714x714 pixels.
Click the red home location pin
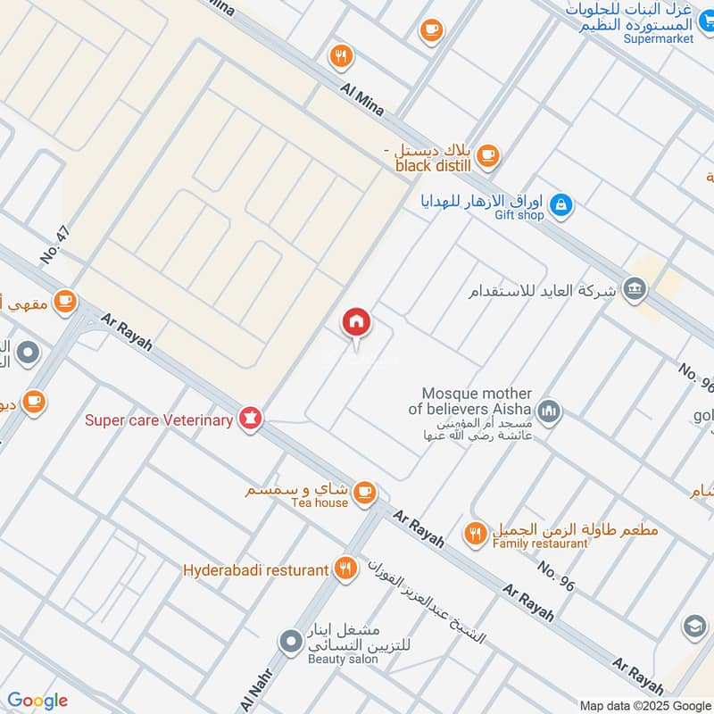point(356,324)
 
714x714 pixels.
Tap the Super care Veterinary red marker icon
point(250,419)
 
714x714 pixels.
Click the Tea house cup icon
point(364,492)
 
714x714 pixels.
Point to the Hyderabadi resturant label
point(256,569)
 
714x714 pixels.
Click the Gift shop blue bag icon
point(560,205)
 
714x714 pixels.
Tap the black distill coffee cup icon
point(486,155)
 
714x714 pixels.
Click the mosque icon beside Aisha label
point(549,411)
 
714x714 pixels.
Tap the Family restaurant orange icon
point(476,534)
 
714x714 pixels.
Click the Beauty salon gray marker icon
point(290,641)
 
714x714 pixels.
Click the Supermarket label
point(659,39)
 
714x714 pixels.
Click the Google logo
point(37,701)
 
